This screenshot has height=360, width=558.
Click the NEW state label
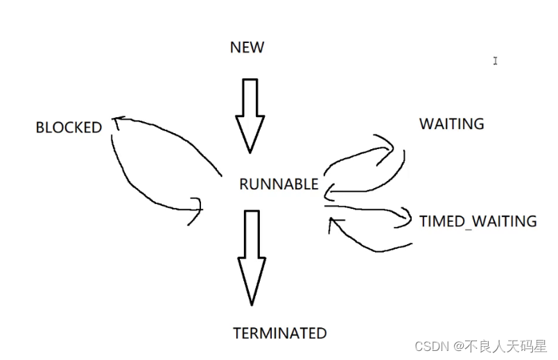pos(247,48)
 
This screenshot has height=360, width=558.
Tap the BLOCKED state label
pos(69,128)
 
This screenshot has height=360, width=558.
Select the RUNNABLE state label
pos(279,185)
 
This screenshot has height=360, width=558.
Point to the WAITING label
pos(451,124)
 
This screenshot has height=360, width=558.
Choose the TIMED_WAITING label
pos(478,221)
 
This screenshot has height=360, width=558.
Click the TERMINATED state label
pos(279,333)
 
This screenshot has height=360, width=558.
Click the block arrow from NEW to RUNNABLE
pos(250,114)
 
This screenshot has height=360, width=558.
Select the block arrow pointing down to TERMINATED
pos(251,257)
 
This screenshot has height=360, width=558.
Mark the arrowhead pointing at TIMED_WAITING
pos(404,219)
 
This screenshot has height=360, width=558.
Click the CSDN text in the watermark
pos(430,345)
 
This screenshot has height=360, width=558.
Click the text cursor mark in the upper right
pos(495,61)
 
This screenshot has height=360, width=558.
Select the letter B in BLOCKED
pos(40,128)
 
